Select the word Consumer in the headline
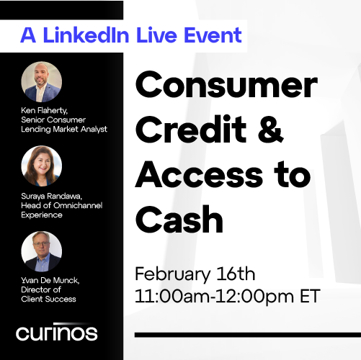[226, 87]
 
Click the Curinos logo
[57, 333]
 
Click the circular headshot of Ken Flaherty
[42, 81]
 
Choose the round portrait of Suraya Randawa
[42, 166]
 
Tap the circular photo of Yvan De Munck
[42, 251]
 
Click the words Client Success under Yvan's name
[49, 298]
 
